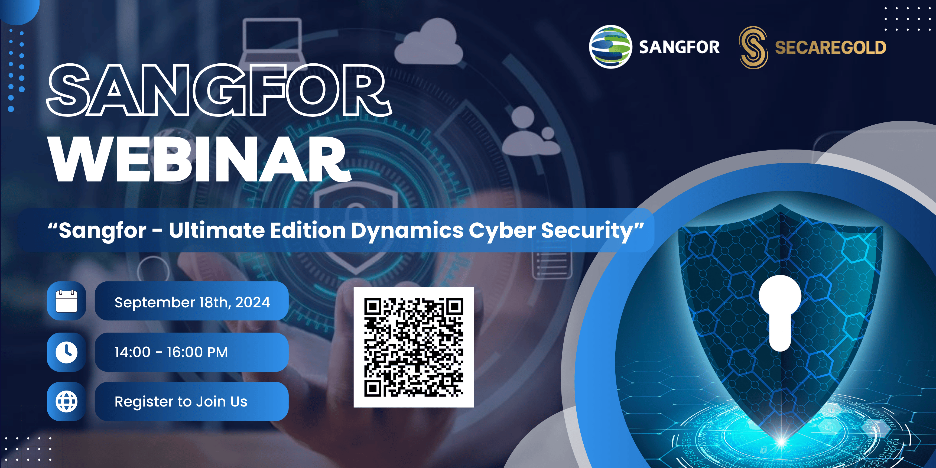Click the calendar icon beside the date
coord(67,301)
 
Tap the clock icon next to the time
coord(67,352)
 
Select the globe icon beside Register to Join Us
coord(67,401)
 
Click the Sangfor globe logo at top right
coord(610,47)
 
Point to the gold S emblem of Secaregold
coord(753,47)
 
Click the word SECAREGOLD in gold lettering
coord(831,48)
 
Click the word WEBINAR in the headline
coord(200,160)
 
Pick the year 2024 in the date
coord(253,302)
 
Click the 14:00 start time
coord(132,352)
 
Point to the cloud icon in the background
coord(429,41)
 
